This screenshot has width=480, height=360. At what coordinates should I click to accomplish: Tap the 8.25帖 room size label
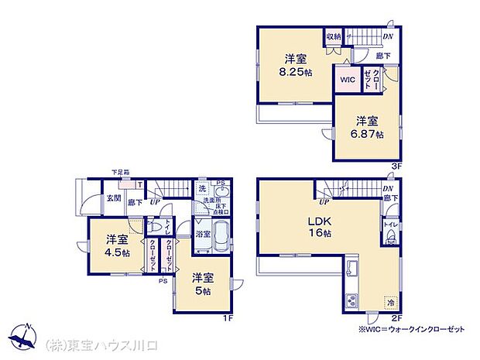point(298,72)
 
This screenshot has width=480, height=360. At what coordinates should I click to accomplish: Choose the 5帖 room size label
point(204,292)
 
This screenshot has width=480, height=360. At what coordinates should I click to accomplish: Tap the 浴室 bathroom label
point(202,231)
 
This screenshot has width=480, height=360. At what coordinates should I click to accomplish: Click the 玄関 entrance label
point(113,198)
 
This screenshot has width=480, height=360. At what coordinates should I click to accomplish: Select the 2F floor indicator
point(396,318)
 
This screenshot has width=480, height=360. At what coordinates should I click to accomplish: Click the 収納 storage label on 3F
point(334,36)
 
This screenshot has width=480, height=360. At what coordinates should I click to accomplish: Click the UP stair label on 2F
point(322,202)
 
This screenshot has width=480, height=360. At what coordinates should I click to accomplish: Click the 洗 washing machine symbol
point(201,188)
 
